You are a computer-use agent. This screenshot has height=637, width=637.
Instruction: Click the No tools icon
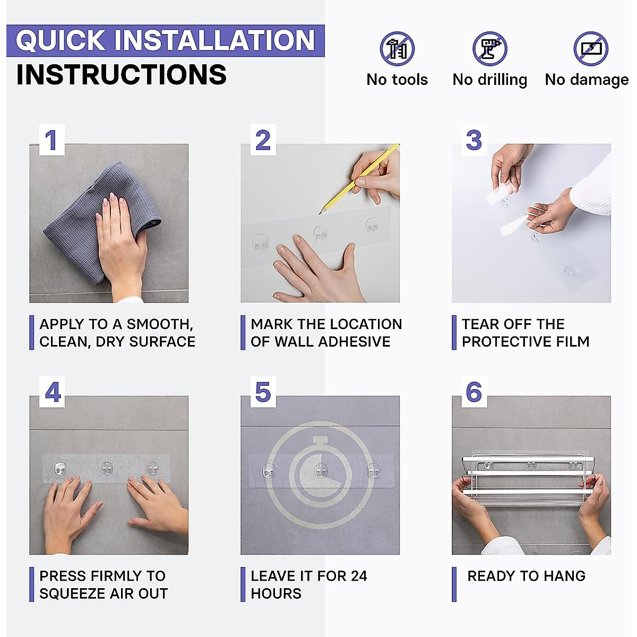pyautogui.click(x=397, y=49)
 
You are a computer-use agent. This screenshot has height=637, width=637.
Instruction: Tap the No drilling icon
pyautogui.click(x=489, y=49)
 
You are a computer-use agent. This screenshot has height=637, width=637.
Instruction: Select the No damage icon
pyautogui.click(x=591, y=49)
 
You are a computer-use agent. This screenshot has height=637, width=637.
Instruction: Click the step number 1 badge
pyautogui.click(x=51, y=140)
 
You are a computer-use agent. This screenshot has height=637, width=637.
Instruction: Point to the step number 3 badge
pyautogui.click(x=474, y=140)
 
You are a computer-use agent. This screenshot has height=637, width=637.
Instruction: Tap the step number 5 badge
pyautogui.click(x=263, y=392)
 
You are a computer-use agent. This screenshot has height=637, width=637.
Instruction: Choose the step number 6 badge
pyautogui.click(x=474, y=392)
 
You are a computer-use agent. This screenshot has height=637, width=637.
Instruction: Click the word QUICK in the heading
pyautogui.click(x=61, y=40)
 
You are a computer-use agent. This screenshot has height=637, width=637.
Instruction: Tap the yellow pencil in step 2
pyautogui.click(x=359, y=179)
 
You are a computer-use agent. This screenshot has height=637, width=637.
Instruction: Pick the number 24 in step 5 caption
pyautogui.click(x=359, y=576)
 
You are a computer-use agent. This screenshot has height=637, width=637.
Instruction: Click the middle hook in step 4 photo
pyautogui.click(x=107, y=468)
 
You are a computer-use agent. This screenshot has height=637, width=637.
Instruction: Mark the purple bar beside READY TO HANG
pyautogui.click(x=454, y=584)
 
